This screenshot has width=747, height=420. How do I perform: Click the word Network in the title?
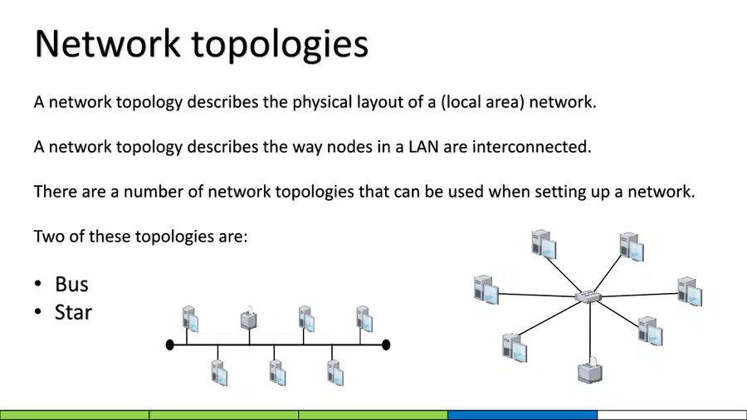tap(108, 43)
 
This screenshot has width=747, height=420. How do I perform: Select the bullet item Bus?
tap(71, 284)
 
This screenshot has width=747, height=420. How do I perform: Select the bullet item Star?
tap(73, 312)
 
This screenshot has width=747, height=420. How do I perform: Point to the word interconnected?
tap(531, 147)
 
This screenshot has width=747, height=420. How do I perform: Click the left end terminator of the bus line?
tap(169, 344)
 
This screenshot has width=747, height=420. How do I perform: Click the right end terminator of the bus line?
tap(386, 344)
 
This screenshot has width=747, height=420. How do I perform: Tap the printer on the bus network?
tap(249, 318)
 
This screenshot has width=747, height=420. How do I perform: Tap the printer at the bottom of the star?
tap(590, 370)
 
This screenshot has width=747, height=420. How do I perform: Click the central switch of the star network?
tap(588, 296)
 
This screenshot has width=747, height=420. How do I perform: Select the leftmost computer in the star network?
tap(486, 289)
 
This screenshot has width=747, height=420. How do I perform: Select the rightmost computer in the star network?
tap(690, 291)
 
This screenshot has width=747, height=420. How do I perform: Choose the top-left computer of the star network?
tap(544, 244)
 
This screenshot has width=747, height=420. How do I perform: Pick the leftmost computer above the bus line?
tap(190, 319)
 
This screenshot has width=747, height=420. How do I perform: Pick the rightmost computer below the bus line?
tap(335, 373)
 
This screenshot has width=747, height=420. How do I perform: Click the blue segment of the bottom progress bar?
tap(523, 415)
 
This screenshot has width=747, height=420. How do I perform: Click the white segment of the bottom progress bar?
tap(672, 415)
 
